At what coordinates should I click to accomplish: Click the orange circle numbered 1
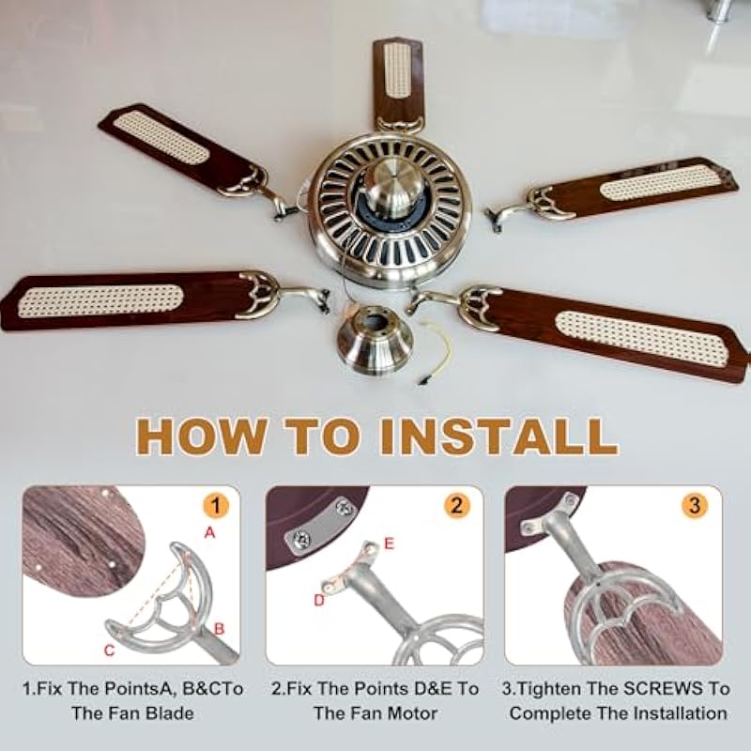click(x=216, y=506)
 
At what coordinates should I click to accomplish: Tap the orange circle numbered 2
click(x=456, y=506)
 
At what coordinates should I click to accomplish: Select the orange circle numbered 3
click(x=695, y=506)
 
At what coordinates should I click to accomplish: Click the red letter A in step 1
click(x=209, y=532)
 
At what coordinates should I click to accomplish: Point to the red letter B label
click(x=219, y=628)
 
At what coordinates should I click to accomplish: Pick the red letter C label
click(x=109, y=650)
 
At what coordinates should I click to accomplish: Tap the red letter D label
click(x=319, y=600)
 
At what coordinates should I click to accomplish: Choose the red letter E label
click(x=389, y=544)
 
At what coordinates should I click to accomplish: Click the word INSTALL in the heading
click(x=498, y=436)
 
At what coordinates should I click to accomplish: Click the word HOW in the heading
click(x=201, y=436)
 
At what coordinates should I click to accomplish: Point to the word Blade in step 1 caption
click(x=170, y=713)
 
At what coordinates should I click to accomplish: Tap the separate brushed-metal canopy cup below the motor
click(x=375, y=340)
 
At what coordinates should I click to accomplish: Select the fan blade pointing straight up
click(x=398, y=83)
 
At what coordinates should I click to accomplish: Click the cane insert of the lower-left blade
click(x=100, y=300)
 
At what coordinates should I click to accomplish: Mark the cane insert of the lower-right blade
click(x=642, y=338)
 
